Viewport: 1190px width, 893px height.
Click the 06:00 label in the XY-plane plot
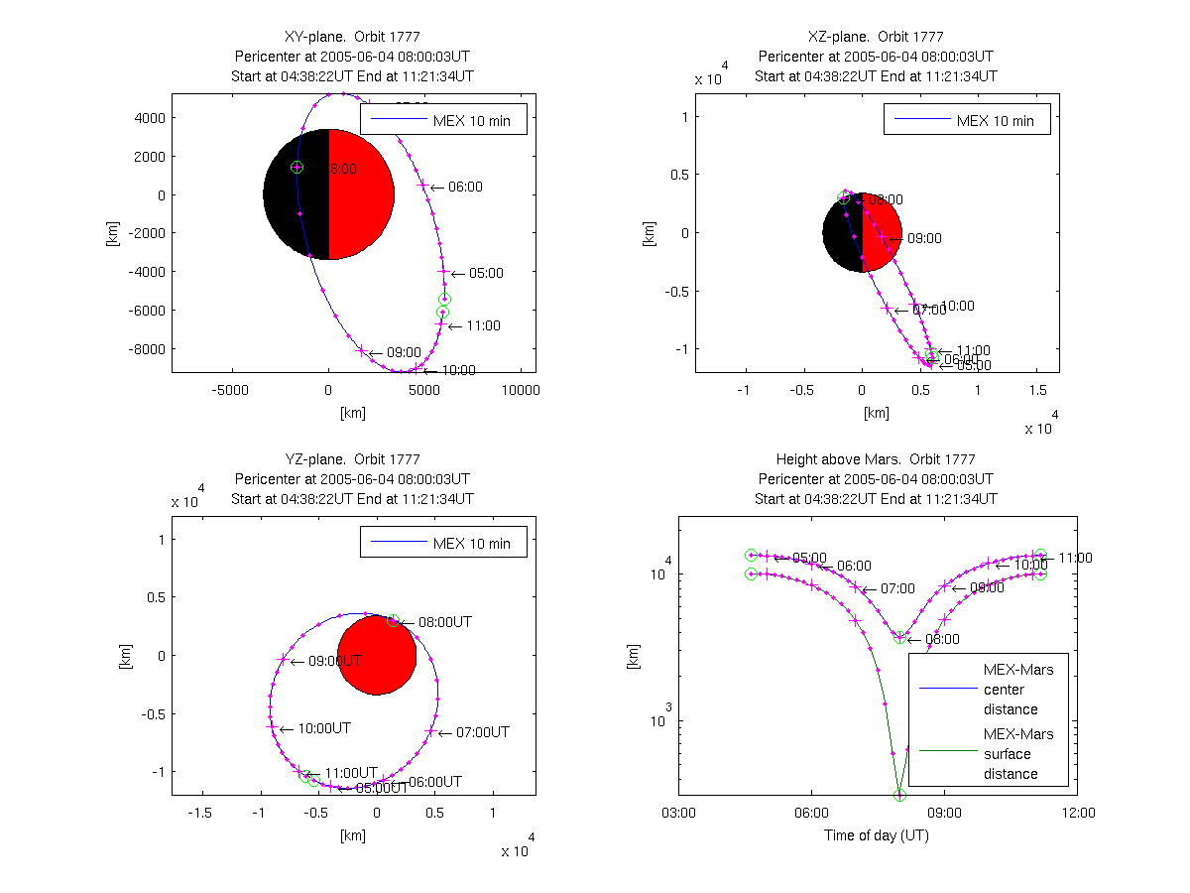[465, 187]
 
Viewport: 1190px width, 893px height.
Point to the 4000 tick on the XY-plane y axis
[150, 117]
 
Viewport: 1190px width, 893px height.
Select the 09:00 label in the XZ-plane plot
[924, 238]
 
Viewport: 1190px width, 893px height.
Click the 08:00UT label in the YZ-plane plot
[444, 622]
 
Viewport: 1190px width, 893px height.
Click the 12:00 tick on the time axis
[1078, 814]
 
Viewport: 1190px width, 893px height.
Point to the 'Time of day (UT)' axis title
[877, 835]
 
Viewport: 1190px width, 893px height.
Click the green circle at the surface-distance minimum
[900, 795]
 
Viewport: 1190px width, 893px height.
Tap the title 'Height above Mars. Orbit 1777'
[877, 459]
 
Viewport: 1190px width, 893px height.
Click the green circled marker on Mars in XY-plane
[297, 167]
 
